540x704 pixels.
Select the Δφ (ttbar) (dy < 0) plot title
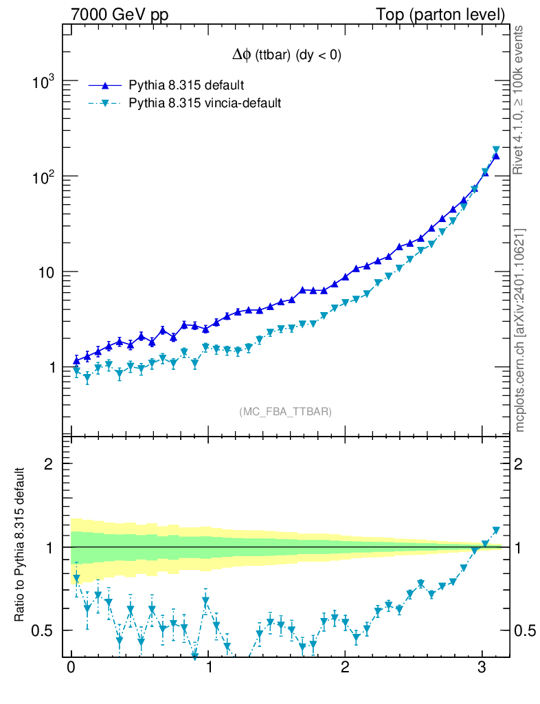pyautogui.click(x=286, y=56)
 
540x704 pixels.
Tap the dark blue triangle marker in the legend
pyautogui.click(x=105, y=85)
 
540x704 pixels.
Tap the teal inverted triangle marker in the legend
pyautogui.click(x=105, y=104)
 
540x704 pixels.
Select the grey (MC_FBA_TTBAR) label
pyautogui.click(x=286, y=412)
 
